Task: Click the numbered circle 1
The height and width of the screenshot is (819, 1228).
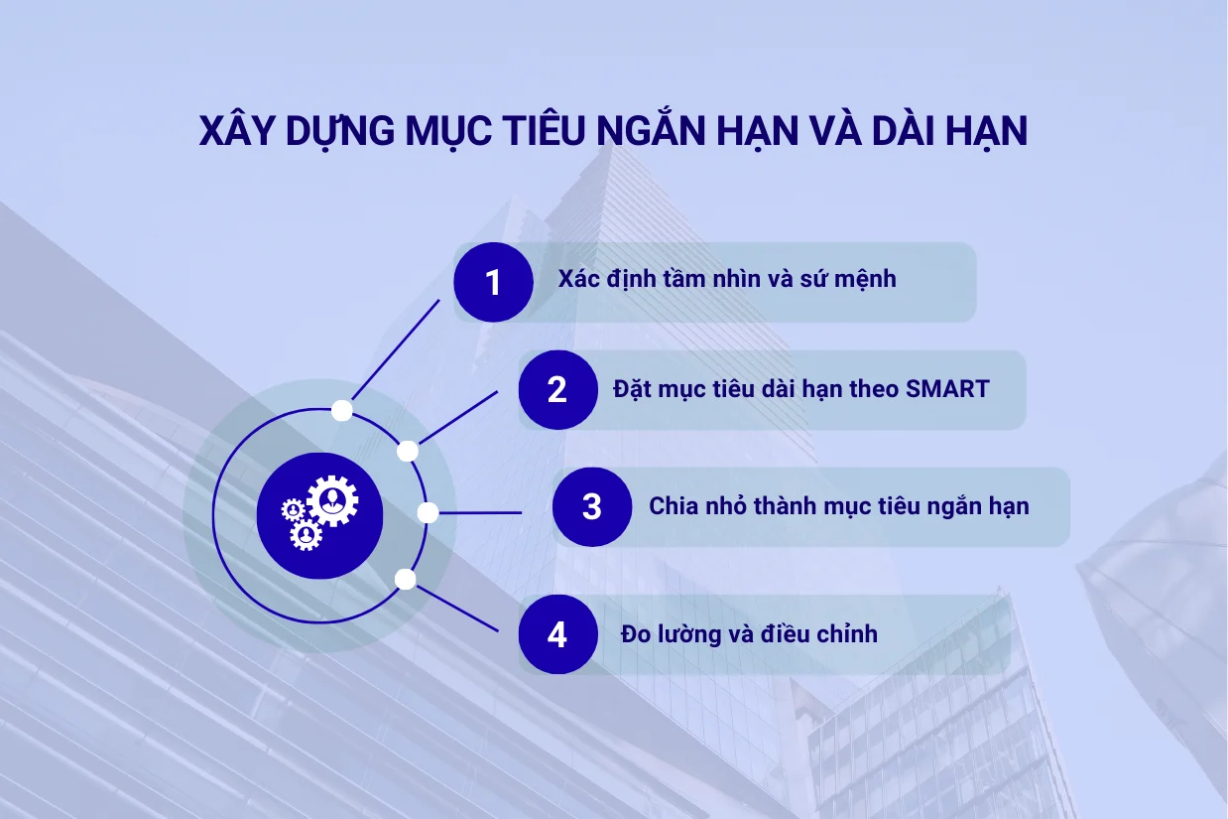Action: tap(493, 283)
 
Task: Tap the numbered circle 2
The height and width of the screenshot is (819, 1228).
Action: tap(557, 389)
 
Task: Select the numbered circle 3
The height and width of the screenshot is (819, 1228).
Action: tap(592, 506)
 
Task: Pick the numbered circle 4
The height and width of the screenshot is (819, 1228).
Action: tap(557, 634)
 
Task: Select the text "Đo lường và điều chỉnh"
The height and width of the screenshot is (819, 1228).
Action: tap(750, 633)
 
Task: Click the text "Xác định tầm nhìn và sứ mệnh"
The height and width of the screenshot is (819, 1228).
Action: tap(727, 279)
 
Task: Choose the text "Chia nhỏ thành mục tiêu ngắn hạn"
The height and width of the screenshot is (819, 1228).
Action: tap(839, 506)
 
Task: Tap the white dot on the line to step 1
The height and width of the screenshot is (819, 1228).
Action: tap(342, 410)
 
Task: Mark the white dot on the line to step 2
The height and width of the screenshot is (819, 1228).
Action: tap(408, 452)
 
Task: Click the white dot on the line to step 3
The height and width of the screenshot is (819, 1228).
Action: tap(428, 513)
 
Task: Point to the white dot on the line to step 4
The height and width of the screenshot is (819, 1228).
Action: tap(405, 579)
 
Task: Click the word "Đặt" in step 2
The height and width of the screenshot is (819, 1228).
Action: tap(632, 389)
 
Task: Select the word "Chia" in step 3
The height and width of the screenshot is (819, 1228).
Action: tap(672, 506)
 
